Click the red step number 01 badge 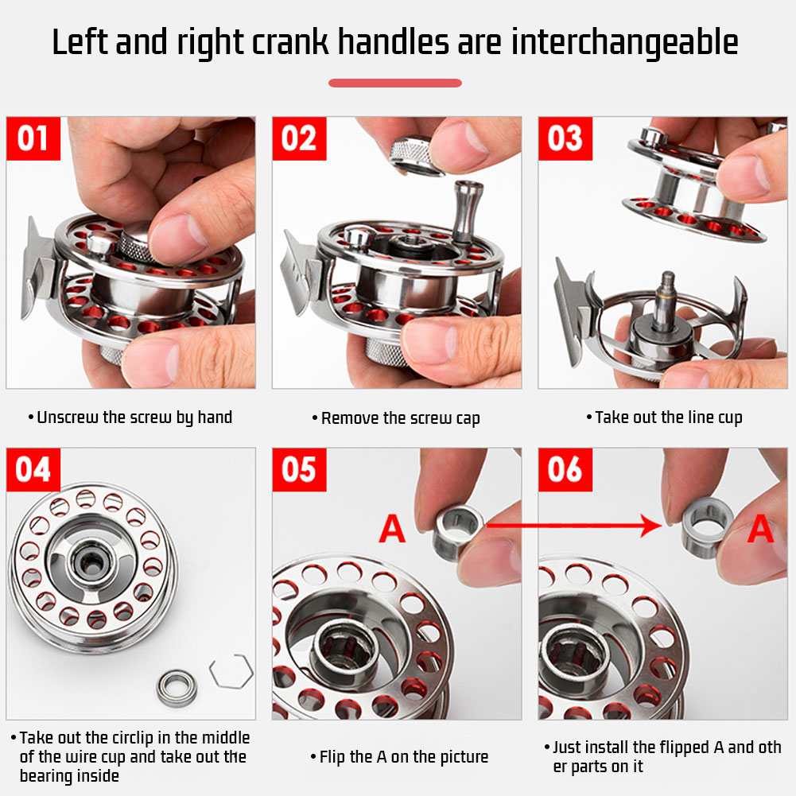click(33, 138)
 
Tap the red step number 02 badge click(300, 138)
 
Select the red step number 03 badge click(565, 138)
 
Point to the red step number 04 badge click(33, 470)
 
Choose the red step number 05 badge click(300, 470)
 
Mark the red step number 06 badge click(565, 470)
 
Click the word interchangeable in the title click(624, 43)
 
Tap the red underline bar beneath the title click(395, 83)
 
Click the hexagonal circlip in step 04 click(231, 672)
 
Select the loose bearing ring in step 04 click(177, 689)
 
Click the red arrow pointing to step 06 click(573, 526)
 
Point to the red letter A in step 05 click(392, 529)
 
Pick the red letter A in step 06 click(760, 529)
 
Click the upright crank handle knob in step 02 click(467, 211)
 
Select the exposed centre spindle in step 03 click(666, 300)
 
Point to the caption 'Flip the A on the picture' click(399, 757)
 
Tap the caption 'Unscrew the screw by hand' click(130, 417)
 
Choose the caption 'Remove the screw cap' click(396, 418)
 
